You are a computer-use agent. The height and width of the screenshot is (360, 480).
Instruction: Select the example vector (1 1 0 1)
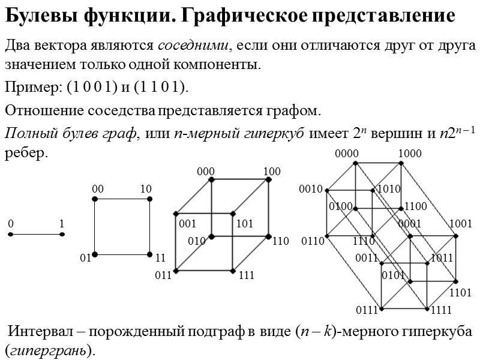161,88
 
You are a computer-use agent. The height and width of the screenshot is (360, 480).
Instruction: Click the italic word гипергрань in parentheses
50,350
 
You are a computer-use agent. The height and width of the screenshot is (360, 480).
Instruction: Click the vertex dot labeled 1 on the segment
62,235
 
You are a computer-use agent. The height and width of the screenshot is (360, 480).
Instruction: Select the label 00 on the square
97,190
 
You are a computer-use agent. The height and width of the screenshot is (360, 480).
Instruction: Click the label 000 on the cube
206,172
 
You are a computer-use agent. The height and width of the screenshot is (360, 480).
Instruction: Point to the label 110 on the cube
280,242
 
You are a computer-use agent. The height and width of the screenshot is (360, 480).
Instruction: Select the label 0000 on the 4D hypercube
347,154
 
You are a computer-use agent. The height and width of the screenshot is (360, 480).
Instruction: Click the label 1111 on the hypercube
442,310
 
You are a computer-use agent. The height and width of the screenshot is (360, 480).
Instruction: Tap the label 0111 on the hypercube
367,310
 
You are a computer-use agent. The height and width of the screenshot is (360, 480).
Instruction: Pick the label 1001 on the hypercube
461,224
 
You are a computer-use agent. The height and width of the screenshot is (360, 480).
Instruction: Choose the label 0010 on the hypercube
311,190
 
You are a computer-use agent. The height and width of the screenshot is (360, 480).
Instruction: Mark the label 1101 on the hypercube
460,293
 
